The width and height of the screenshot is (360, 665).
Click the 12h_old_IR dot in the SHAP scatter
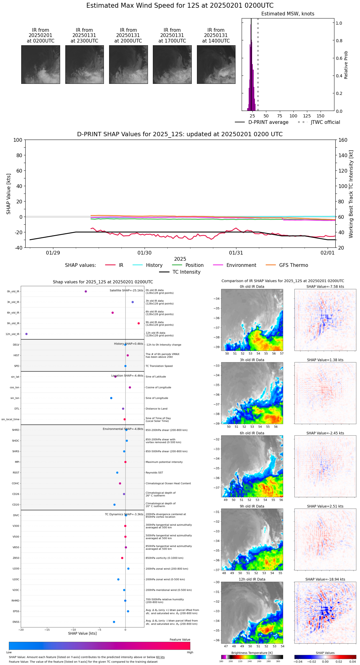coord(26,334)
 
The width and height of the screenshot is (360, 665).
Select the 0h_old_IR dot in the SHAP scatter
coord(86,291)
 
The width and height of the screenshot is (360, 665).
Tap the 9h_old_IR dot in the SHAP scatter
coord(139,323)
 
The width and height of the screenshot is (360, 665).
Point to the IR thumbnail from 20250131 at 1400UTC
coord(216,64)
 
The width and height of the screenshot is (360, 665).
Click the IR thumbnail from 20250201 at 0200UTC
coord(41,64)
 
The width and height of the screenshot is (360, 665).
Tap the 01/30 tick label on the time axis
coord(145,253)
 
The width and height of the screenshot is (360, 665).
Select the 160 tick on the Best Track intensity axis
coord(343,140)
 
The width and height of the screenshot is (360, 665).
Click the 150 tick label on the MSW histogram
coord(321,116)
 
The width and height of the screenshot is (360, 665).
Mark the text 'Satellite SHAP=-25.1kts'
coord(126,290)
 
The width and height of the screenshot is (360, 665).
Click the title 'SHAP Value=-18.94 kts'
coord(325,579)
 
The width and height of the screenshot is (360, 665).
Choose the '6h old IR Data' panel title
coord(252,433)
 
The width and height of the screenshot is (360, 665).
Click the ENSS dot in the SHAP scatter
coord(114,622)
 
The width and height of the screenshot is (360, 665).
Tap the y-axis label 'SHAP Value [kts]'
coord(9,194)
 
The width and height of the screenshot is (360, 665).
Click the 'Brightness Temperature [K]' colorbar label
coord(252,653)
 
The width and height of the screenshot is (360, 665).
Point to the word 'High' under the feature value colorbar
coord(190,652)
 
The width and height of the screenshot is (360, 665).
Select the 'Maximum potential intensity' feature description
coord(164,462)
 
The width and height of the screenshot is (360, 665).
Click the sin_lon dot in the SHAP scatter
coord(111,398)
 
